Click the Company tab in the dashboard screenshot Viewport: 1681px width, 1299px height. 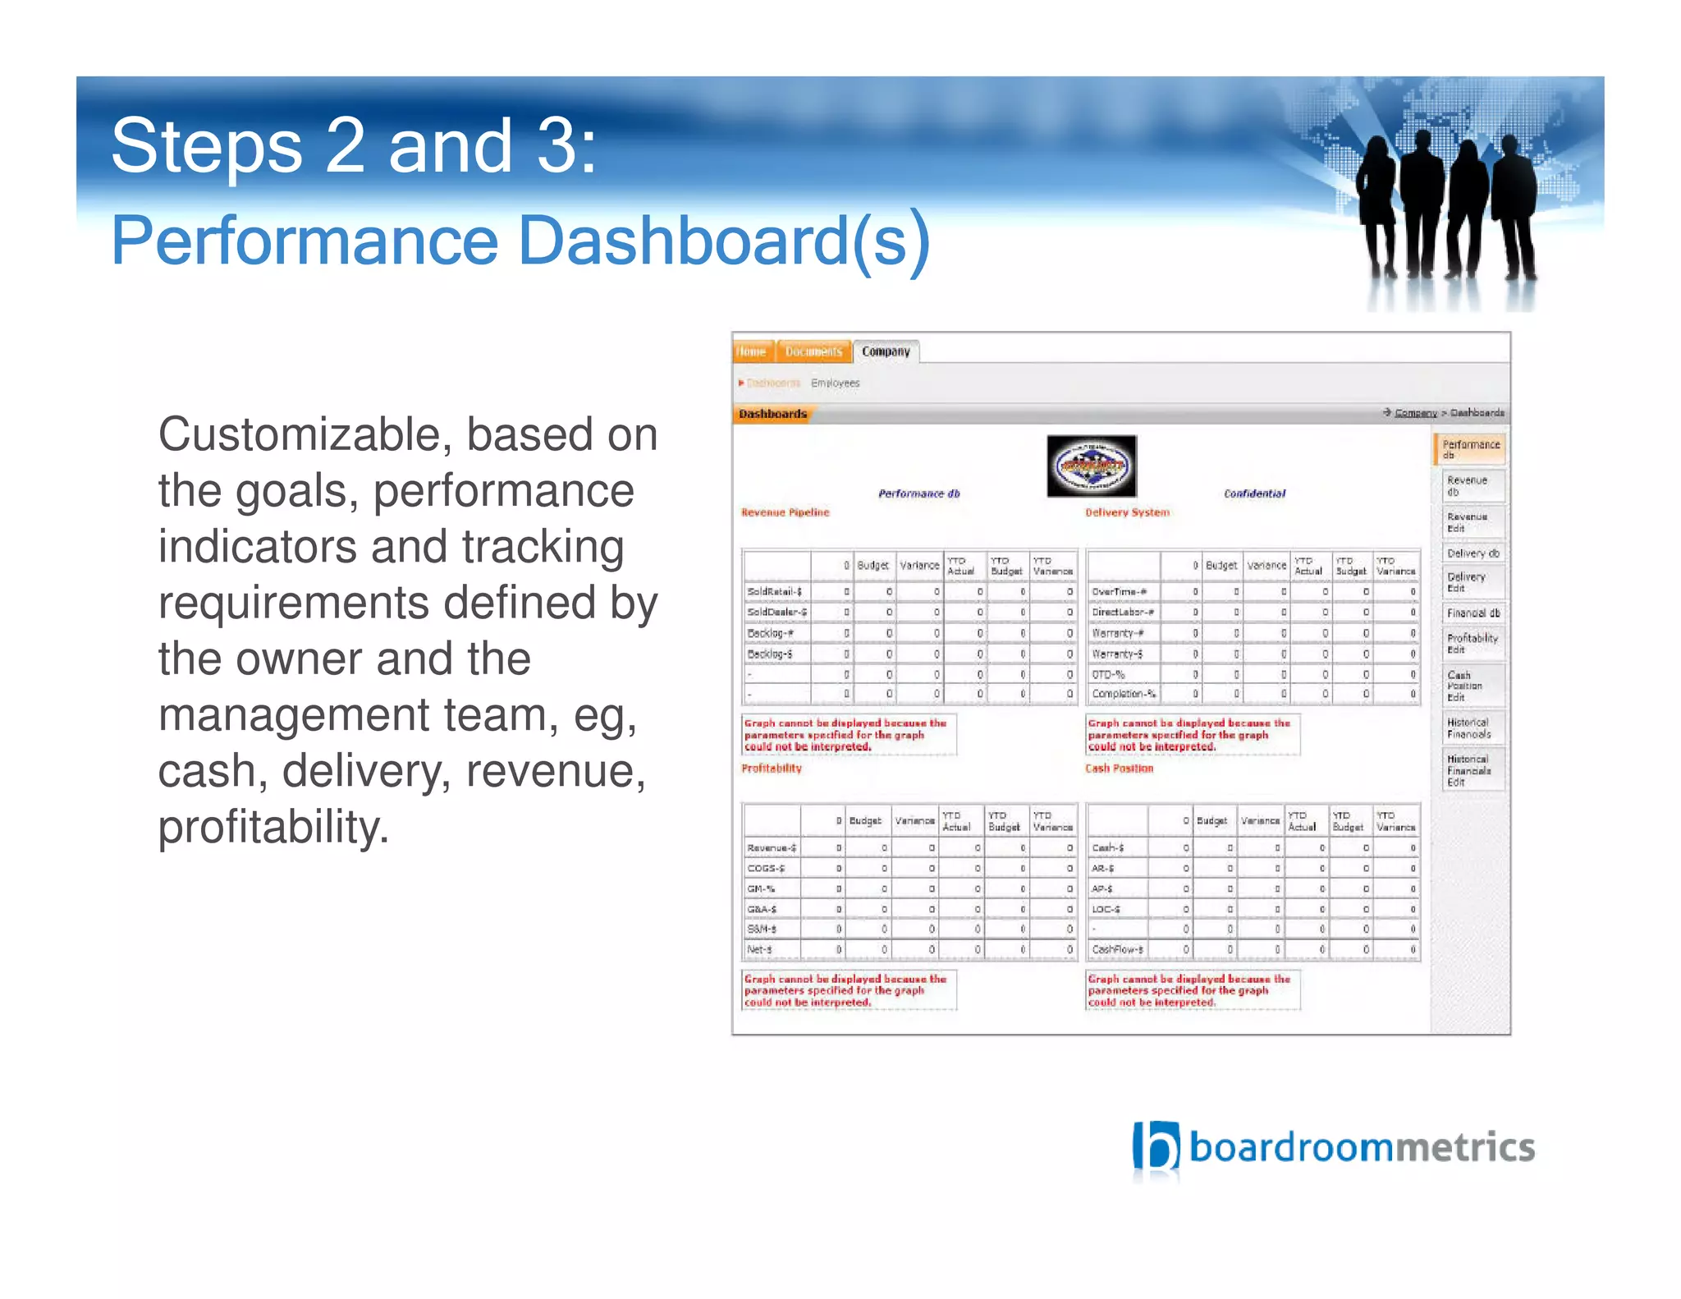tap(886, 351)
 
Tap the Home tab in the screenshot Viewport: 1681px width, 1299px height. tap(751, 351)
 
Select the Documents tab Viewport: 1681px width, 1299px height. tap(813, 351)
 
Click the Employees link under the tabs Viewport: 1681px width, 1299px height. tap(835, 383)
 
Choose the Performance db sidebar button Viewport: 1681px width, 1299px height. tap(1471, 449)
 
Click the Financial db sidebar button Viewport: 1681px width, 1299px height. tap(1473, 613)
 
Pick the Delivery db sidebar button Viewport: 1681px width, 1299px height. tap(1473, 553)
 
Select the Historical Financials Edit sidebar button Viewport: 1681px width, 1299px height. tap(1469, 770)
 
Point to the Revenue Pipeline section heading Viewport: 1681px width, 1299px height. tap(785, 512)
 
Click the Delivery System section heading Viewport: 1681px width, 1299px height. tap(1127, 512)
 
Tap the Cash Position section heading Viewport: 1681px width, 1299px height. tap(1119, 769)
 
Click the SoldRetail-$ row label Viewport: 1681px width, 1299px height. tap(774, 592)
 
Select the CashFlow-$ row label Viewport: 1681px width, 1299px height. tap(1117, 950)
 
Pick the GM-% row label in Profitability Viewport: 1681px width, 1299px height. tap(761, 889)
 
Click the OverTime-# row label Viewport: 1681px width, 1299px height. tap(1119, 592)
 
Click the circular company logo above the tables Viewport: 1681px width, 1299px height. tap(1091, 466)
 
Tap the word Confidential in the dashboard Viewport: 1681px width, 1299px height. tap(1254, 493)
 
